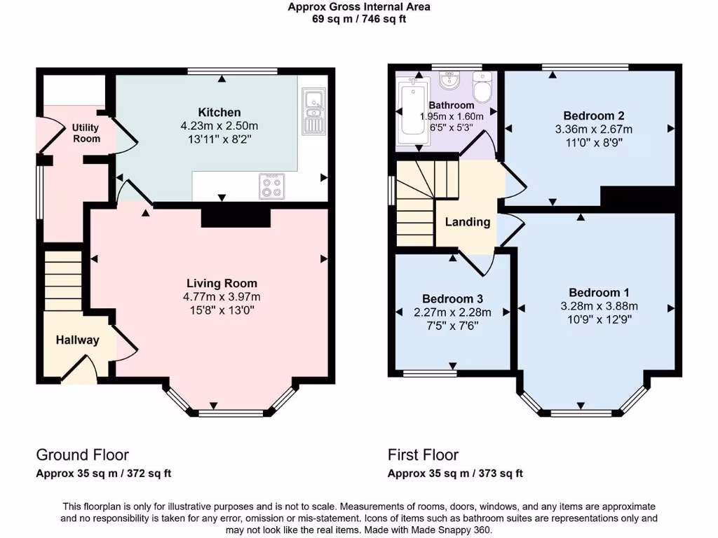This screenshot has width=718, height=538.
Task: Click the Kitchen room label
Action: [x=219, y=112]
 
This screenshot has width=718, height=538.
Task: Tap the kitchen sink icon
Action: [x=311, y=112]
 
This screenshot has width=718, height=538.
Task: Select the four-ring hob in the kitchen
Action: [x=272, y=186]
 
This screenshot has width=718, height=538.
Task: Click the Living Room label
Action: [x=222, y=283]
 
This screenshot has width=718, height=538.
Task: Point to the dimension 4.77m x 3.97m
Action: [x=222, y=296]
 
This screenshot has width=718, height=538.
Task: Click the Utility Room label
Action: [x=86, y=132]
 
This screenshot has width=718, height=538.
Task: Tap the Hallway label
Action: [x=77, y=340]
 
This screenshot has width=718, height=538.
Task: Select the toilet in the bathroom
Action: [x=482, y=88]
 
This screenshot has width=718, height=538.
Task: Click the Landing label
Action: [x=468, y=222]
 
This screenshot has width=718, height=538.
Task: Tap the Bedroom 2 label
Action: [x=593, y=116]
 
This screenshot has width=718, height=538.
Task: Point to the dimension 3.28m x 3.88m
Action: [x=595, y=306]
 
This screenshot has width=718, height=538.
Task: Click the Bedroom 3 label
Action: [x=452, y=298]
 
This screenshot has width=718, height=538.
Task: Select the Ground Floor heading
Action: [x=82, y=455]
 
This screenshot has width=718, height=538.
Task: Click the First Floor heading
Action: [x=423, y=455]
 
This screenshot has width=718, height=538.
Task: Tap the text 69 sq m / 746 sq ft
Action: [x=358, y=19]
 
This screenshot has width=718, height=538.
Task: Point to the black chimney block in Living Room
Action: [x=236, y=216]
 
